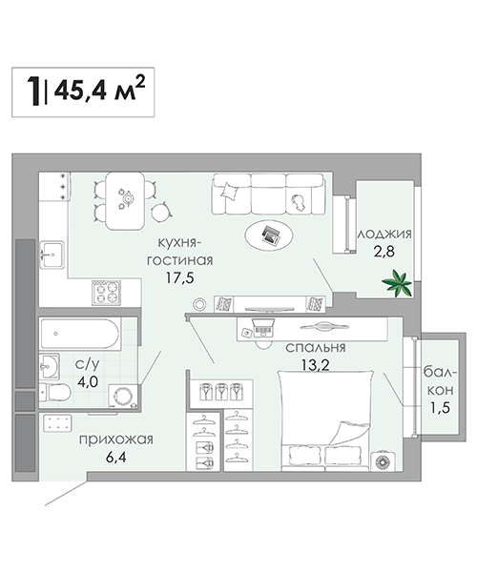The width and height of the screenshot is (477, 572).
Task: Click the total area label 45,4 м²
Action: [99, 89]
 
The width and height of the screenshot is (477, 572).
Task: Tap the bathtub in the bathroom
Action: [80, 334]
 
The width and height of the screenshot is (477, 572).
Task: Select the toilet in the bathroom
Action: [54, 392]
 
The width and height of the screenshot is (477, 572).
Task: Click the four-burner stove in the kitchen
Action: [106, 293]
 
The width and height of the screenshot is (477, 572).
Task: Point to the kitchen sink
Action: [52, 255]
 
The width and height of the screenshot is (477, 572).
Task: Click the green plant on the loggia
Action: [397, 283]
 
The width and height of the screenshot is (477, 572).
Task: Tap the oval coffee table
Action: [269, 235]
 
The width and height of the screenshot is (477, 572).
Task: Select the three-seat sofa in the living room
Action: [268, 194]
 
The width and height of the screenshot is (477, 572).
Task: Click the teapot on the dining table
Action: [128, 197]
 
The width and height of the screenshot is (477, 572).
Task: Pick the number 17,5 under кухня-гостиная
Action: [180, 278]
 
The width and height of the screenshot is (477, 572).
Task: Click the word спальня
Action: [316, 348]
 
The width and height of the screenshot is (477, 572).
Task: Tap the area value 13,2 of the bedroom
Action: [316, 364]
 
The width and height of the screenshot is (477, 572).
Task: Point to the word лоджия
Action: [384, 235]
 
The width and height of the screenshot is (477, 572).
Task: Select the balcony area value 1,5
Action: [440, 407]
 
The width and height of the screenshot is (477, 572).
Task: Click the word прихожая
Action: [116, 439]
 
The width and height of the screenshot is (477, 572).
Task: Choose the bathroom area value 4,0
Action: [88, 382]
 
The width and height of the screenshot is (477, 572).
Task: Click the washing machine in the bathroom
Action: [123, 397]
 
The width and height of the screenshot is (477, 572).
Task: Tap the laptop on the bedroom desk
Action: [263, 327]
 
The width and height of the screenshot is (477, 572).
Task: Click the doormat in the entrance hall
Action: [57, 422]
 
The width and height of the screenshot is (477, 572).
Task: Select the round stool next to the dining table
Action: [160, 213]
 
